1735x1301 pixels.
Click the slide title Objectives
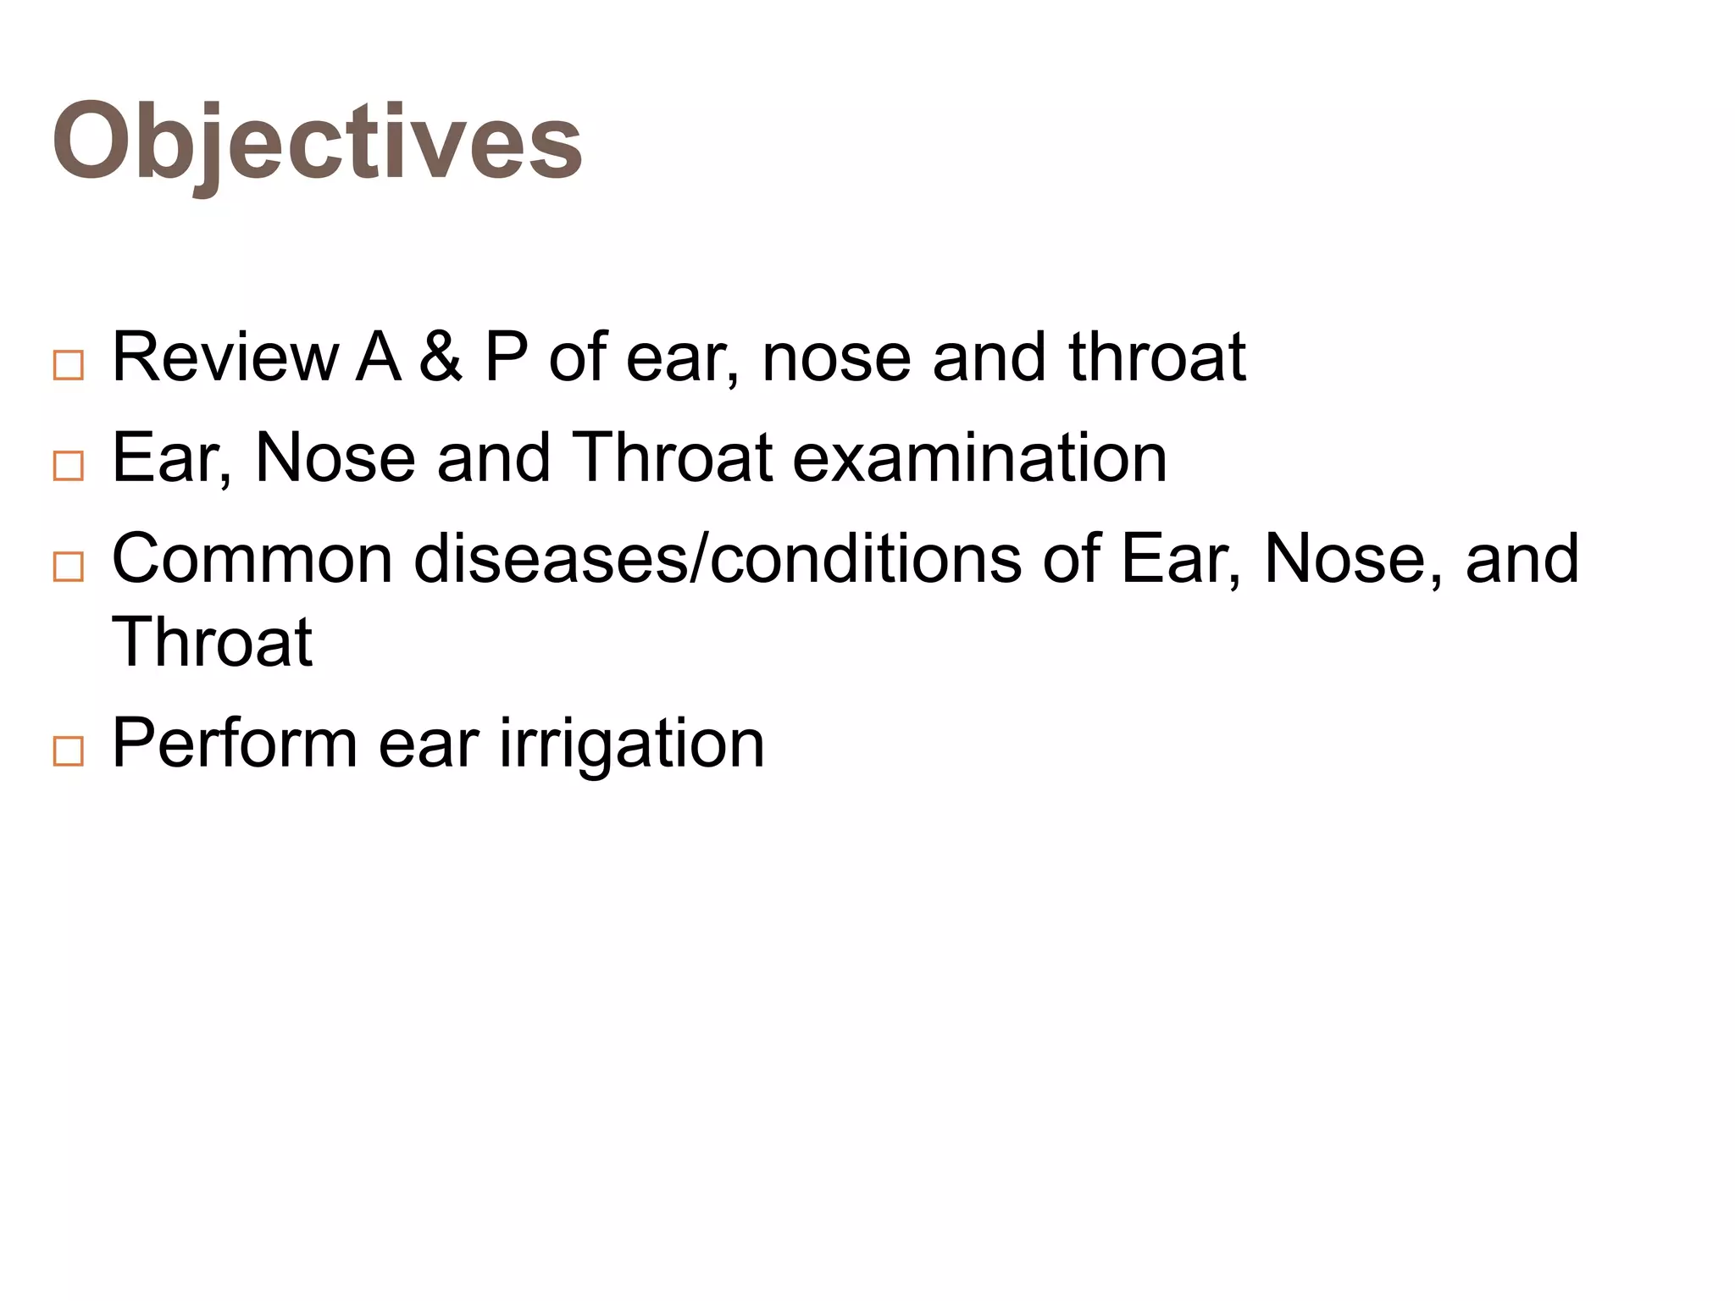[x=317, y=141]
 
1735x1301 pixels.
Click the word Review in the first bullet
[x=224, y=357]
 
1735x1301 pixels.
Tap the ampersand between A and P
[x=441, y=357]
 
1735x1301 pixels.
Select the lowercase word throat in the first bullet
[x=1157, y=357]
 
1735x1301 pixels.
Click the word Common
[x=252, y=559]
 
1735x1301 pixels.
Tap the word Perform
[x=235, y=744]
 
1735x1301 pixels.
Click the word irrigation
[x=632, y=744]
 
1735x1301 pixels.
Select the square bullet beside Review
[x=69, y=366]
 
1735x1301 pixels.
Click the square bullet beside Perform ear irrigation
[x=69, y=751]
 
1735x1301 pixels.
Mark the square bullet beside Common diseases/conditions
[x=69, y=567]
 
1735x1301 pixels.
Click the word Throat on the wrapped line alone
[x=212, y=643]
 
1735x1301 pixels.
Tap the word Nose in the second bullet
[x=335, y=458]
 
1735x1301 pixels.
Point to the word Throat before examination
[x=672, y=458]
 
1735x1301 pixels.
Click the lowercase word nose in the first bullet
[x=836, y=357]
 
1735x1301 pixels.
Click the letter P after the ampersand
[x=506, y=357]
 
